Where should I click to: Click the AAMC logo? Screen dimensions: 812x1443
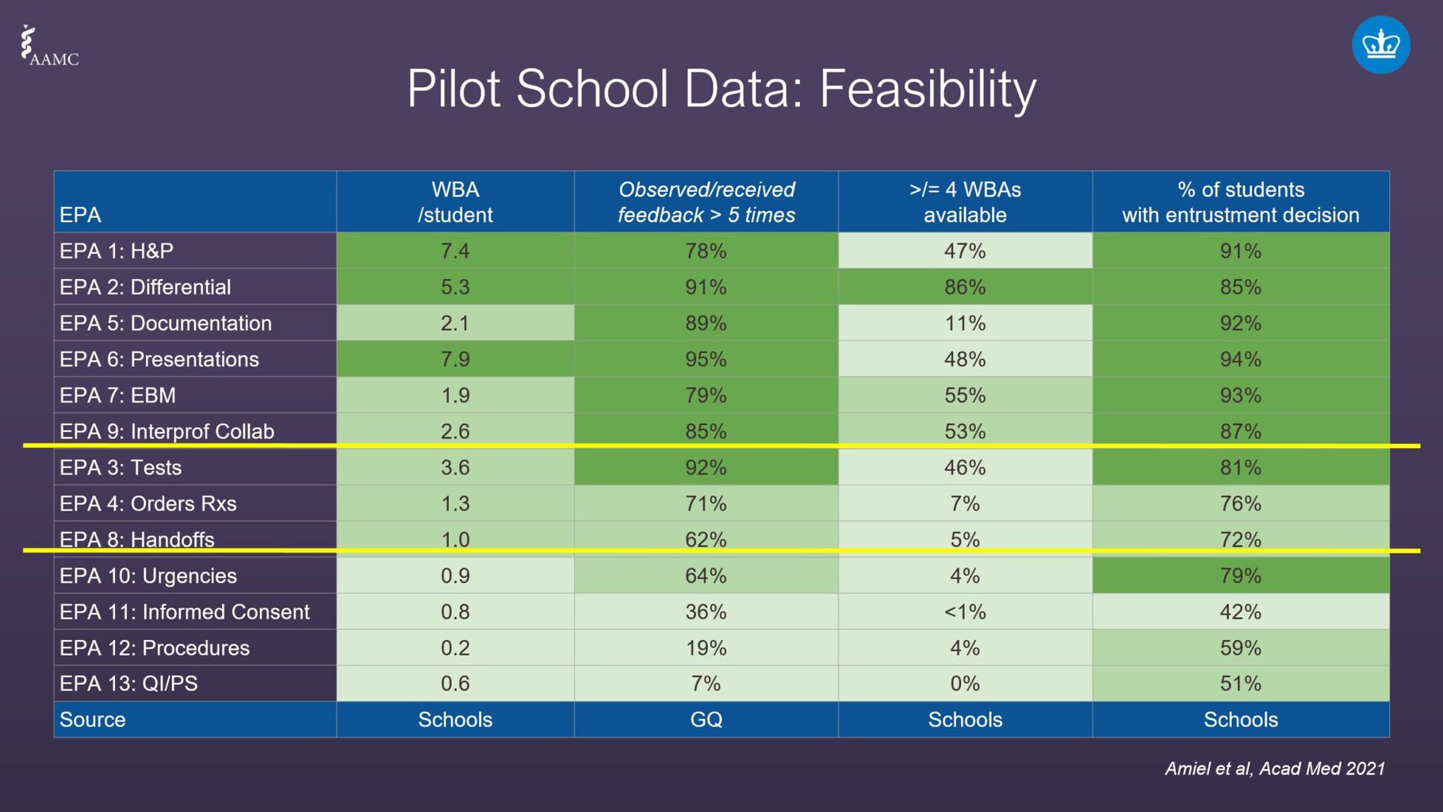49,47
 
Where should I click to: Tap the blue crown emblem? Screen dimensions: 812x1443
1380,45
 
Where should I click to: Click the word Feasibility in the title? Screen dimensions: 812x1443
927,89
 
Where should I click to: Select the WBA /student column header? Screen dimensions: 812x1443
455,202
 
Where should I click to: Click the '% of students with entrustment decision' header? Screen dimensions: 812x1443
1240,202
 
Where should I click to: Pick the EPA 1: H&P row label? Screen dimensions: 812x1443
117,251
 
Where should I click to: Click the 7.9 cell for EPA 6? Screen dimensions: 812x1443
455,359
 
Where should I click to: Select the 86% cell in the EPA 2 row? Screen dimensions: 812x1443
964,287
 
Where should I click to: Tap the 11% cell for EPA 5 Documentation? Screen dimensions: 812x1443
964,324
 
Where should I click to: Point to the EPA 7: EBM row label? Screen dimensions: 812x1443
117,395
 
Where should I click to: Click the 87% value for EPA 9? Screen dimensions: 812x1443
1240,431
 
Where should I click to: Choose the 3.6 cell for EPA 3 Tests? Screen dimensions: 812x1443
455,467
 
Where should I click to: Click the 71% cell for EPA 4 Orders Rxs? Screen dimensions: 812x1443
706,504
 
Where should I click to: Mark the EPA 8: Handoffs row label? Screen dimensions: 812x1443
136,539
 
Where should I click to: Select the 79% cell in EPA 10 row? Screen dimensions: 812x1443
1240,576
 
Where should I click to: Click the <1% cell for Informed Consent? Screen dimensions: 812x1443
964,611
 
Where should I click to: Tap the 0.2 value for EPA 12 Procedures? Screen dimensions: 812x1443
455,648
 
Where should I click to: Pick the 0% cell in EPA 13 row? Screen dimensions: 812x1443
964,684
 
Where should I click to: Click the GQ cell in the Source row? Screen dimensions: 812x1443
706,720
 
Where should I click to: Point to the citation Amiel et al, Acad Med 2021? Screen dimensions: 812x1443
1274,768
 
